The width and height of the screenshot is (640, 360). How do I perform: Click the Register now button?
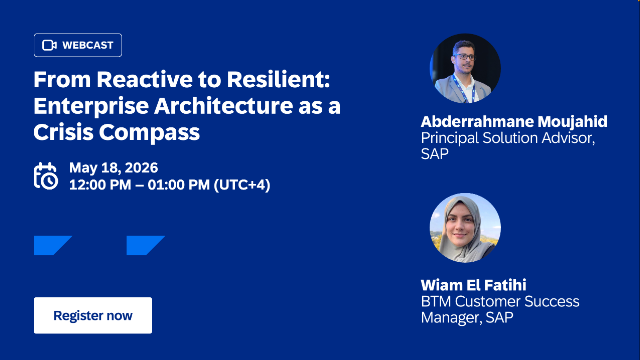[93, 315]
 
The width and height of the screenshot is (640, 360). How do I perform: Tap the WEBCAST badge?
[79, 45]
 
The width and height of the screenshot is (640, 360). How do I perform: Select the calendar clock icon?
[46, 176]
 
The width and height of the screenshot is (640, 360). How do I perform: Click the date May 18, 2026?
[113, 167]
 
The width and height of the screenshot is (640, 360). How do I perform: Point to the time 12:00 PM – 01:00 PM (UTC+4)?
[169, 185]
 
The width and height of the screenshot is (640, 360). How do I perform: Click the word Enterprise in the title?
[85, 105]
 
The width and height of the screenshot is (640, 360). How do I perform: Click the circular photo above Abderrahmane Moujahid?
[465, 69]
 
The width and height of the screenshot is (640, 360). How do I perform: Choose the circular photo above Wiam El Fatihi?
[465, 227]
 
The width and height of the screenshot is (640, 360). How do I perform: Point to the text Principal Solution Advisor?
[507, 138]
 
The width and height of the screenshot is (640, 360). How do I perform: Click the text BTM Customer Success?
[499, 301]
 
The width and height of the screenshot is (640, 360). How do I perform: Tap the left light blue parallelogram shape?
[52, 245]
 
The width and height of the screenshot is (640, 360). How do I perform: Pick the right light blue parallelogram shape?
[145, 245]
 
